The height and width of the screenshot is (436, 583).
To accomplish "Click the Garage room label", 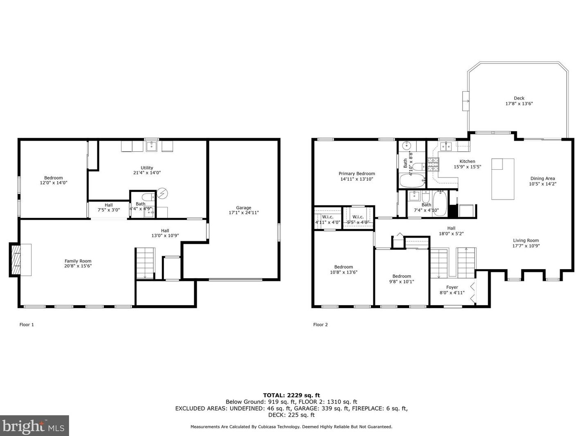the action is pos(244,207).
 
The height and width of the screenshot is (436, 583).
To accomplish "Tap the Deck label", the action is pos(519,98).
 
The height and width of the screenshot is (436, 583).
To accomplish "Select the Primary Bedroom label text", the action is pos(357,173).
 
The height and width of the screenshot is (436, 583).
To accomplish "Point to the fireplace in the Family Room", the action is pos(16,260).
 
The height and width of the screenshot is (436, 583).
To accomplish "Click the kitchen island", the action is pos(502,179).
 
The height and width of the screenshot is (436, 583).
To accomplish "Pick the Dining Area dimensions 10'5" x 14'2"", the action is pos(543,184).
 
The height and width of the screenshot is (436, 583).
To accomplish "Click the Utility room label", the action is pos(147,168).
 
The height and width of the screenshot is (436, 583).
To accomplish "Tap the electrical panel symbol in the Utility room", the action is pos(162,193).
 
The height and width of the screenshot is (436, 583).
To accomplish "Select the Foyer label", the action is pos(452,287).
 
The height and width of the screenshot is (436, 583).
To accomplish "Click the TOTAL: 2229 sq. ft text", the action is pos(291,396).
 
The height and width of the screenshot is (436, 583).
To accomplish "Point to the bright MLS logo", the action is pos(34,426).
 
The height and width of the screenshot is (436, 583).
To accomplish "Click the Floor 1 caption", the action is pos(27,324).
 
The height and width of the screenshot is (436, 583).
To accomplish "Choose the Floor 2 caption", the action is pos(320,324).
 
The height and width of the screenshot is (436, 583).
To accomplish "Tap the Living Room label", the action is pos(526,240).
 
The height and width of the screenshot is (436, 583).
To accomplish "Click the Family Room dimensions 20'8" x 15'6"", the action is pos(78,266).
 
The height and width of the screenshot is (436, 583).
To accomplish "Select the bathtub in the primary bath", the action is pos(412,180).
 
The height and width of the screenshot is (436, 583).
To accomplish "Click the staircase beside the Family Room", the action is pos(145,263).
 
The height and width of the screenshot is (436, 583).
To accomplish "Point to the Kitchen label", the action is pos(467,161).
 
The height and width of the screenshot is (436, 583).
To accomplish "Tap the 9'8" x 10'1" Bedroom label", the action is pos(401,276).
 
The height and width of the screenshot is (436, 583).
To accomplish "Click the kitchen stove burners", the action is pos(433,164).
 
